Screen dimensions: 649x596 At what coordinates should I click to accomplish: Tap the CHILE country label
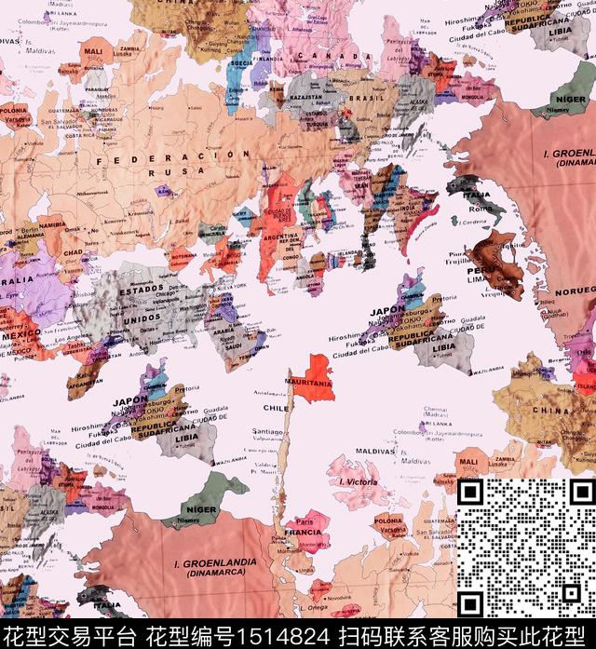coord(278,407)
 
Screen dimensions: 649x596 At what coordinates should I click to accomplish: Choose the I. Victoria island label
coord(359,482)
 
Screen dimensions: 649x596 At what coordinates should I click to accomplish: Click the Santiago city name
coord(268,432)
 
